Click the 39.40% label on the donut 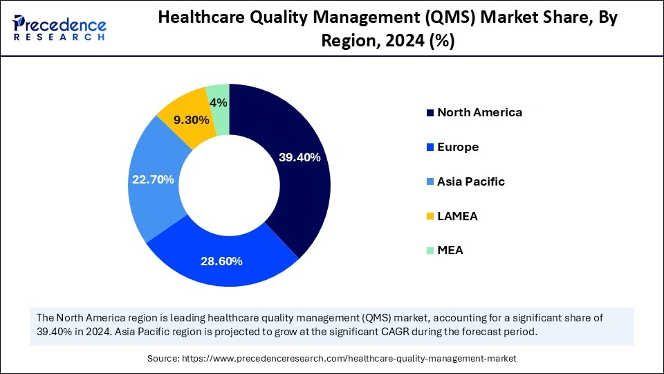coord(299,158)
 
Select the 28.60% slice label coord(221,261)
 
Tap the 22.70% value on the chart coord(153,179)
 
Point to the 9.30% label coord(191,120)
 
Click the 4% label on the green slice coord(219,103)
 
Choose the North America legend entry coord(479,112)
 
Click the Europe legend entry coord(458,147)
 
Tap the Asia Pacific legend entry coord(470,181)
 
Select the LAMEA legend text coord(457,216)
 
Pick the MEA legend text coord(450,251)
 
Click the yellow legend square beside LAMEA coord(431,217)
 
